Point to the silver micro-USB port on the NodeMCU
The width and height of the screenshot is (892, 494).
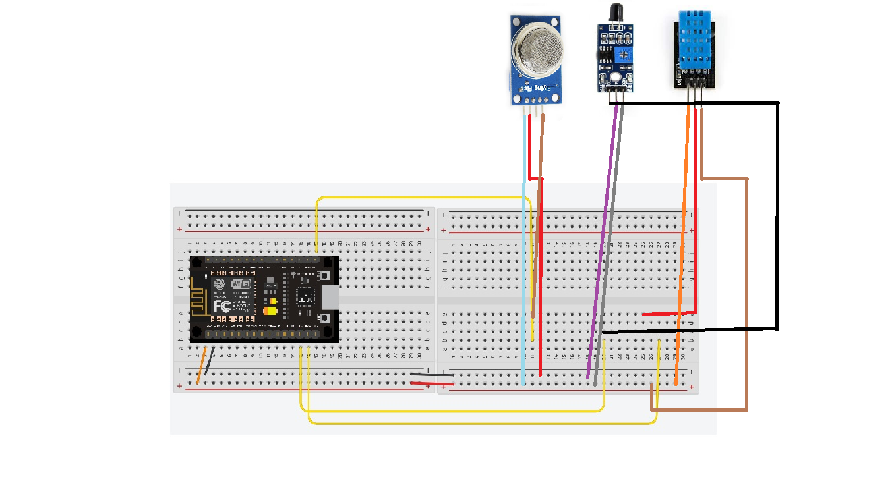[x=332, y=298]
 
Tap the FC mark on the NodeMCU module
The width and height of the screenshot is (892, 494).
[x=222, y=306]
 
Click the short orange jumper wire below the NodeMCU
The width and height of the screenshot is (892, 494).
[x=202, y=366]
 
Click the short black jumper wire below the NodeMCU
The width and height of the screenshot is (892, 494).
[x=209, y=363]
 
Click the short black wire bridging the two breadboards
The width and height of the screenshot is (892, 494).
[x=432, y=375]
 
